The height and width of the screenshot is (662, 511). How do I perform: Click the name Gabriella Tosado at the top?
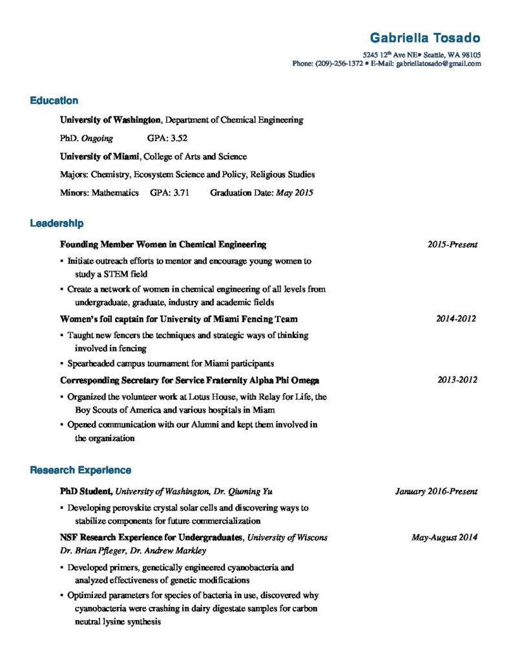pyautogui.click(x=424, y=37)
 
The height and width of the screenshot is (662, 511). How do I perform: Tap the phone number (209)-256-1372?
pyautogui.click(x=339, y=63)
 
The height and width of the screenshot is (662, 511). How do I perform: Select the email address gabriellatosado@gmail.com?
pyautogui.click(x=439, y=63)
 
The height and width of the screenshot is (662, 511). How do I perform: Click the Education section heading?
pyautogui.click(x=54, y=101)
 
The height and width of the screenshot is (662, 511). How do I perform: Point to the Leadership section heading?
pyautogui.click(x=57, y=224)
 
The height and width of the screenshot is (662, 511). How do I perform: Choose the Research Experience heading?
pyautogui.click(x=81, y=470)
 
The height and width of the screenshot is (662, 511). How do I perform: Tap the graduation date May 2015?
pyautogui.click(x=295, y=193)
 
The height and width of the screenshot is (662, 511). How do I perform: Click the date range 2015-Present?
pyautogui.click(x=452, y=244)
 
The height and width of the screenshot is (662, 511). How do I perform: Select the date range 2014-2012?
pyautogui.click(x=456, y=319)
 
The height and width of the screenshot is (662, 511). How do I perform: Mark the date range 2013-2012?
pyautogui.click(x=457, y=379)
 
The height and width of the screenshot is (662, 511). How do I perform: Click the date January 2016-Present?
pyautogui.click(x=436, y=491)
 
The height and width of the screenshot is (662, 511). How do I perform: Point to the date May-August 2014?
pyautogui.click(x=444, y=537)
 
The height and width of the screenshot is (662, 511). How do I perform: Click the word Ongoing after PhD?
pyautogui.click(x=97, y=138)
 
